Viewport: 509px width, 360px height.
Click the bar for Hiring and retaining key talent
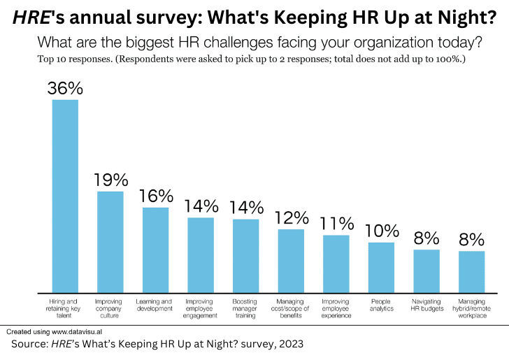pyautogui.click(x=65, y=196)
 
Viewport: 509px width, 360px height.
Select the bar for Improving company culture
pyautogui.click(x=110, y=241)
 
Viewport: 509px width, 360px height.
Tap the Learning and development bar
pyautogui.click(x=155, y=250)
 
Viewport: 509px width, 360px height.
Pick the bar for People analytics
pyautogui.click(x=381, y=267)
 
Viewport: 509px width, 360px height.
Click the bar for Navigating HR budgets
pyautogui.click(x=426, y=271)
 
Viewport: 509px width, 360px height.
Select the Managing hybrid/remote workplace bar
pyautogui.click(x=471, y=271)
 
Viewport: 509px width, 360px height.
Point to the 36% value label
pyautogui.click(x=65, y=88)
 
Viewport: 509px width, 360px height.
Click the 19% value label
pyautogui.click(x=110, y=180)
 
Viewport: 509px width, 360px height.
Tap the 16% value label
pyautogui.click(x=155, y=196)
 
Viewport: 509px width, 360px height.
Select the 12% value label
pyautogui.click(x=291, y=217)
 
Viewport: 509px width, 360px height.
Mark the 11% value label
pyautogui.click(x=336, y=224)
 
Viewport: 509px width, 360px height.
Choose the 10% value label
pyautogui.click(x=382, y=231)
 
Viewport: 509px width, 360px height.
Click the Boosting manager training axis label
pyautogui.click(x=245, y=308)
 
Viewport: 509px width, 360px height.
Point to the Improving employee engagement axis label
pyautogui.click(x=201, y=308)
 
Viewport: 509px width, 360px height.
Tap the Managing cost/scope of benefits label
pyautogui.click(x=291, y=308)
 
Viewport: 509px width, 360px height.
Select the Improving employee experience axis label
pyautogui.click(x=336, y=308)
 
